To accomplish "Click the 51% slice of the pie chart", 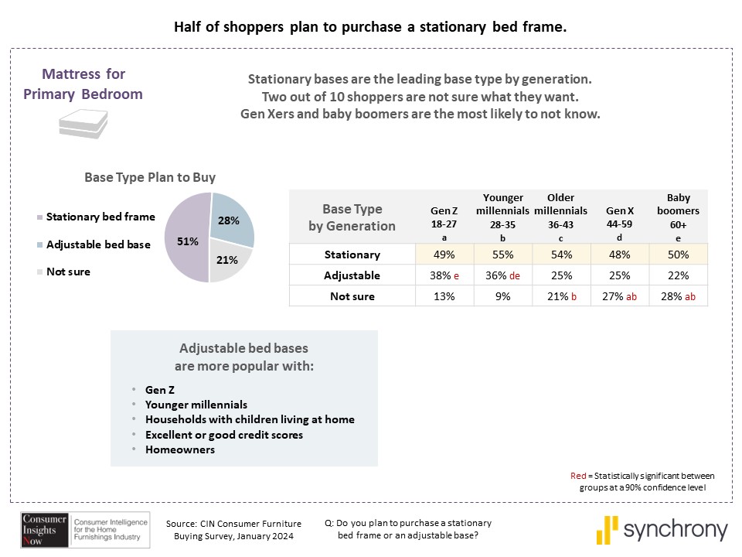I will tap(185, 240).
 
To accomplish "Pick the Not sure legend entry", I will tap(68, 272).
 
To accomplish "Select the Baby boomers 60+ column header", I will tap(678, 217).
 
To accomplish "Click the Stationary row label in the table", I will tap(352, 255).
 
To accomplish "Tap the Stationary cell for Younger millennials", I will tap(502, 255).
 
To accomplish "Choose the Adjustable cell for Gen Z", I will tap(444, 275).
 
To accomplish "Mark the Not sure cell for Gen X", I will tap(619, 296).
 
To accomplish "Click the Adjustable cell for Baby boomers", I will tap(678, 275).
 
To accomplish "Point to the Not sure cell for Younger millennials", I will tap(502, 296).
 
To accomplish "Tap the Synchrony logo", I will tap(662, 530).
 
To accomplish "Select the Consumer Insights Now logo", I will tap(45, 529).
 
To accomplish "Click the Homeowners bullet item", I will tap(179, 449).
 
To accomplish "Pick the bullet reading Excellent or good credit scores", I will tap(223, 435).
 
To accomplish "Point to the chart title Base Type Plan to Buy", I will tap(150, 177).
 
